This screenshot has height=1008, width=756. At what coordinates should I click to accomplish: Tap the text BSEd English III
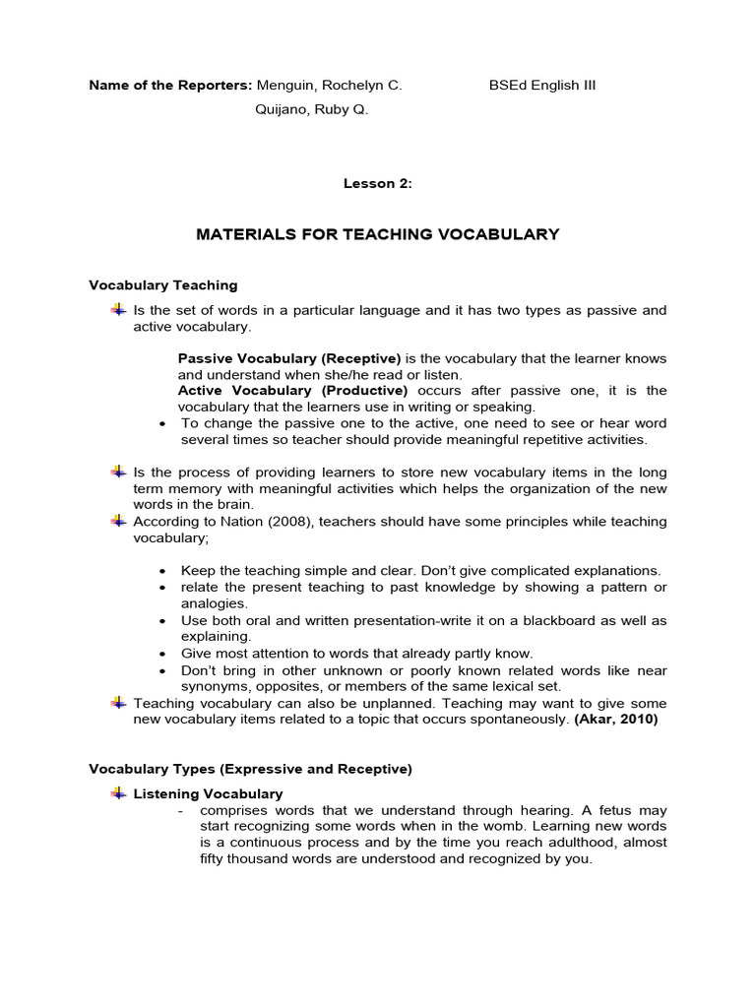coord(542,85)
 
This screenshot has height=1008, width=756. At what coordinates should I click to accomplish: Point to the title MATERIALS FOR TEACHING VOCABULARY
coord(378,234)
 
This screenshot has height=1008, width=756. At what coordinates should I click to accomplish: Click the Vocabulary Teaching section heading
coord(163,285)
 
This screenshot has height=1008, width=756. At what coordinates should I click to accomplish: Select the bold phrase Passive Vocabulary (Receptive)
coord(289,358)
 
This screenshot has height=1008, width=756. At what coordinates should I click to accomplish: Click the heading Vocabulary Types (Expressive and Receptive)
coord(250,768)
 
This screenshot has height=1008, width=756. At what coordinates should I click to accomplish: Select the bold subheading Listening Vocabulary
coord(208,793)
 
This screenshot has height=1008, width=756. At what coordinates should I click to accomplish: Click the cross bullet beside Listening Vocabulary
coord(118,792)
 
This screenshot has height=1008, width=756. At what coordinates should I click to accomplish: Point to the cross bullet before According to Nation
coord(118,520)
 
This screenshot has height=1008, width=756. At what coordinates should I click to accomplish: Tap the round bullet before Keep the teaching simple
coord(160,571)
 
